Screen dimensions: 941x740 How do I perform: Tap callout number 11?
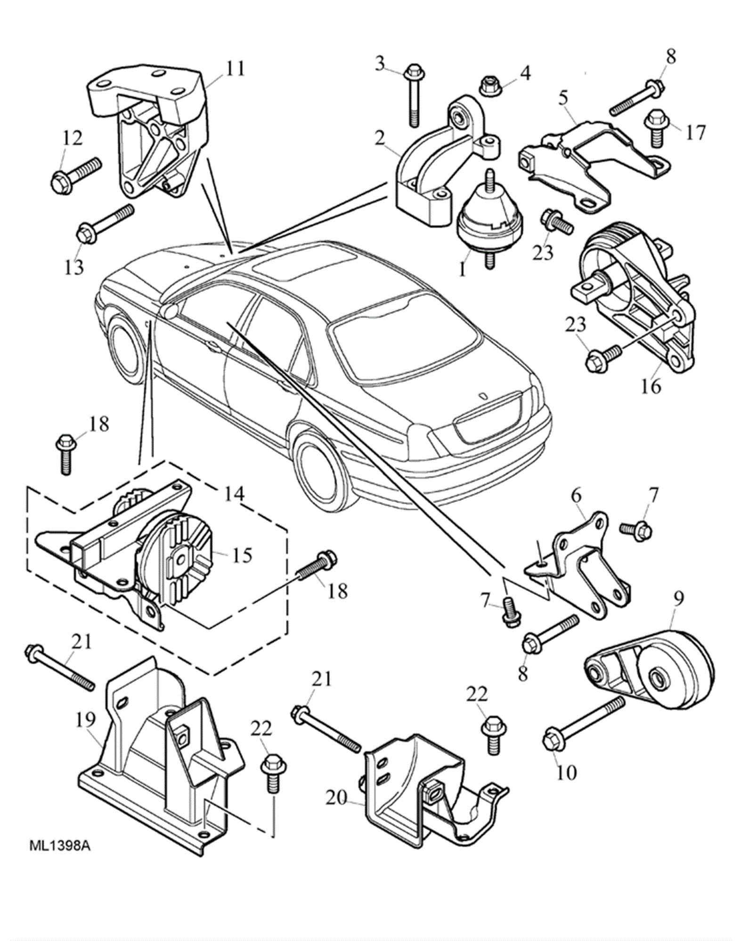tap(234, 69)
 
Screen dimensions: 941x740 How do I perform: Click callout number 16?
tap(651, 386)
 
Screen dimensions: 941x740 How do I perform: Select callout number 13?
tap(74, 267)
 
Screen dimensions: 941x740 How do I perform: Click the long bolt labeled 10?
tap(582, 725)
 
